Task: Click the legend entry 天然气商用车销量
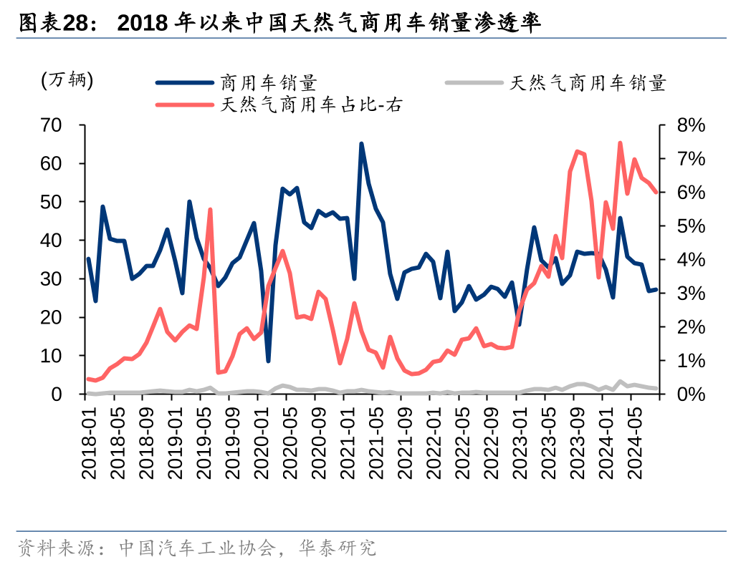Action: tap(588, 83)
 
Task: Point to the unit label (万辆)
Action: tap(67, 81)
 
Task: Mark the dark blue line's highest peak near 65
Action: tap(361, 144)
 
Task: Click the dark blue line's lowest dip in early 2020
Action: tap(268, 361)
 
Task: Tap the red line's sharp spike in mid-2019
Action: tap(210, 210)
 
